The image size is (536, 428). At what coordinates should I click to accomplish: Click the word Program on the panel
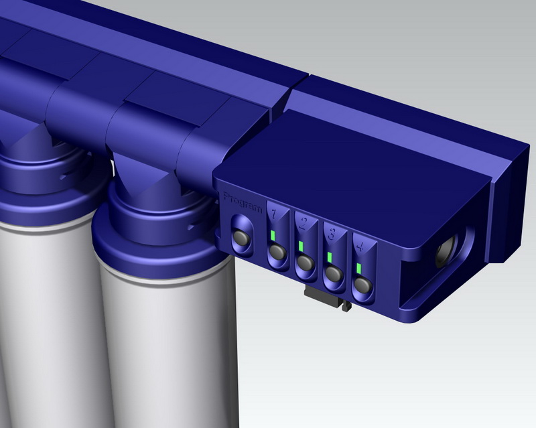pos(243,203)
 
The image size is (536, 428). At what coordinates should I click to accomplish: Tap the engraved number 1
pos(273,214)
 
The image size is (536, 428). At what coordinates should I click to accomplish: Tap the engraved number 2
pos(303,224)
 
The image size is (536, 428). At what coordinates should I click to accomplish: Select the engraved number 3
pos(331,234)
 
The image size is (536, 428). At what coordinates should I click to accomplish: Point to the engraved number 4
pos(360,246)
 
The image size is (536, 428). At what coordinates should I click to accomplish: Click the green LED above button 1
pos(273,236)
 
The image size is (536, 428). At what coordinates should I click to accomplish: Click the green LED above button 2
pos(301,246)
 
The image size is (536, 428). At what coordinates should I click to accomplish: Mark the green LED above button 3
pos(330,257)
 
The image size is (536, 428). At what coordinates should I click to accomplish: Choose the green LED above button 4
pos(359,269)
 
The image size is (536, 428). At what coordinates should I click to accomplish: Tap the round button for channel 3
pos(334,273)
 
